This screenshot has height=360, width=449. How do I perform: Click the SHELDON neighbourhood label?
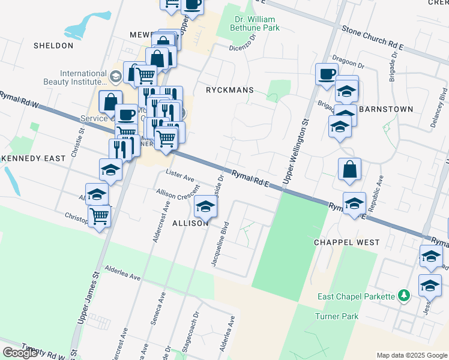tap(53, 46)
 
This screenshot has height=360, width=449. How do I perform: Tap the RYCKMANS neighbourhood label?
tap(229, 90)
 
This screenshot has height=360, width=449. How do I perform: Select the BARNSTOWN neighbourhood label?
tap(386, 109)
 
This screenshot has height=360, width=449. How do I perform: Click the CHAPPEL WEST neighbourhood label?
tap(346, 242)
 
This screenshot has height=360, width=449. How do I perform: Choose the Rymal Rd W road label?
tap(18, 100)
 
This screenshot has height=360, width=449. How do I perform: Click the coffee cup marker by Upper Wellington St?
tap(326, 74)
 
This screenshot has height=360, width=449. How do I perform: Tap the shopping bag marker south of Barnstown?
tap(349, 169)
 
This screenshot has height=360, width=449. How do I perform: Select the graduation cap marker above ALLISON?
tap(205, 207)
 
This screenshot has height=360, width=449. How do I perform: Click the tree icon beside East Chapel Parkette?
tap(405, 296)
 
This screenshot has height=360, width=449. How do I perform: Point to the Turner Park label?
tap(337, 316)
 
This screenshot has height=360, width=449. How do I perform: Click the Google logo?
tap(20, 352)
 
